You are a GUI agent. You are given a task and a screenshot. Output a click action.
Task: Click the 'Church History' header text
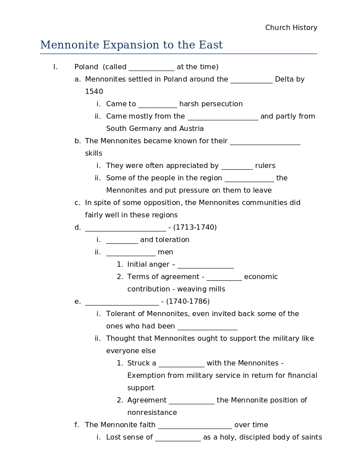click(x=291, y=28)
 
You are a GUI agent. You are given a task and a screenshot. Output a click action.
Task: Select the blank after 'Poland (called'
click(x=152, y=67)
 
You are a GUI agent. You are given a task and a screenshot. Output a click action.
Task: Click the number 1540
click(x=94, y=92)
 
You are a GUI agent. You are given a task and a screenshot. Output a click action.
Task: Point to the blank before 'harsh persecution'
click(x=157, y=104)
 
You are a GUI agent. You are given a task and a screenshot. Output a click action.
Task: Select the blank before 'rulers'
click(x=237, y=166)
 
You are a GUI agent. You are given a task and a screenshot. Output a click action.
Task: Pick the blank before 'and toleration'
click(x=122, y=240)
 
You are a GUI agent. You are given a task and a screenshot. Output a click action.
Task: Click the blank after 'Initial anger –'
click(x=205, y=265)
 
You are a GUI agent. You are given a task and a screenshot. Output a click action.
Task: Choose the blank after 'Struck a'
click(x=181, y=364)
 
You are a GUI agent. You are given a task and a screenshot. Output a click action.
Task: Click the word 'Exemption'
click(x=144, y=376)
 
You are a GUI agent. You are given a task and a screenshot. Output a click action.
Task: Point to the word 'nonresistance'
click(x=152, y=413)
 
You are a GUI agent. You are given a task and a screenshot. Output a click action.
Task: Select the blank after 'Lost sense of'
click(x=178, y=438)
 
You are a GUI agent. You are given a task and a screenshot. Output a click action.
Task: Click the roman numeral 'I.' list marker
click(x=56, y=67)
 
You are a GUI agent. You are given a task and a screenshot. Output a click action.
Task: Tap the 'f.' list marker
click(x=77, y=425)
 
